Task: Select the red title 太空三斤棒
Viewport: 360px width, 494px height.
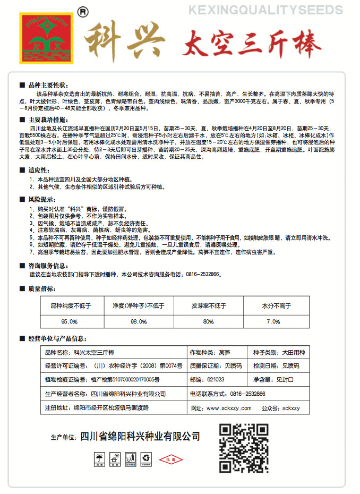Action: coord(250,42)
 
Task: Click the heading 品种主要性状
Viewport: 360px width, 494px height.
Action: coord(48,84)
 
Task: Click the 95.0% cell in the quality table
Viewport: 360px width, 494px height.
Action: coord(71,321)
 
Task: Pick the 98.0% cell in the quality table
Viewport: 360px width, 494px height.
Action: coord(138,321)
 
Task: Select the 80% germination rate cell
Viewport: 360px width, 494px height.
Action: coord(208,321)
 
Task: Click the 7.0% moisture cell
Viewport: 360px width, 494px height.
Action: coord(273,321)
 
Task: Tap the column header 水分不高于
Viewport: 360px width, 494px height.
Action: coord(276,306)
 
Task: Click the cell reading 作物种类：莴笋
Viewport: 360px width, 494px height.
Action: coord(210,352)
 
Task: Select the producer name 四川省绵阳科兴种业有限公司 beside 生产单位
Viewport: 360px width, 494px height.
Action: coord(140,437)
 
